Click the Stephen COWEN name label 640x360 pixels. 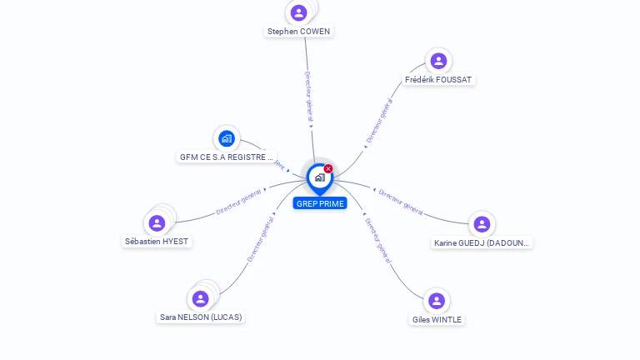click(298, 32)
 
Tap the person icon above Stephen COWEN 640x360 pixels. click(299, 12)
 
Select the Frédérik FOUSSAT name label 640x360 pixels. click(438, 80)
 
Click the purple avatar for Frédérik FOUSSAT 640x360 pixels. click(438, 61)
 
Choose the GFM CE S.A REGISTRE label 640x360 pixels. click(226, 157)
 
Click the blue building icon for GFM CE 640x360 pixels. click(226, 138)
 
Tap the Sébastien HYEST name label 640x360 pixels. click(157, 242)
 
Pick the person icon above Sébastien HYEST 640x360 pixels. click(157, 222)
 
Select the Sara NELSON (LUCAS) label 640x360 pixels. click(201, 317)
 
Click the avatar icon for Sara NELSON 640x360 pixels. click(200, 298)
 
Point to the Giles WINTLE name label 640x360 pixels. click(437, 320)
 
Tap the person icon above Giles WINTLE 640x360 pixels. click(437, 301)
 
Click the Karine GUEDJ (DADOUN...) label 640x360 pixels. click(482, 243)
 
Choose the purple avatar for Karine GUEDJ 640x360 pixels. click(482, 224)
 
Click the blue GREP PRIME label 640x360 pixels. click(320, 203)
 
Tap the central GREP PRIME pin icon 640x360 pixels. click(319, 177)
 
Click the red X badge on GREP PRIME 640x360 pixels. click(328, 169)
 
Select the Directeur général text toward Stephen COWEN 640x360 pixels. click(307, 97)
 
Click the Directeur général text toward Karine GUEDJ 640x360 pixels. click(401, 202)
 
